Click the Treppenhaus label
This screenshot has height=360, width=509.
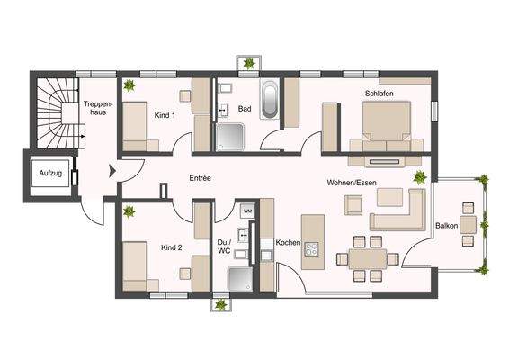tap(96, 110)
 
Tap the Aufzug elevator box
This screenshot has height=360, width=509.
tap(50, 173)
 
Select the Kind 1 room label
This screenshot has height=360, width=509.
tap(165, 116)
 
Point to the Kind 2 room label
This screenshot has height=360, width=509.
tap(172, 247)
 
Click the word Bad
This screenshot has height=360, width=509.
tap(244, 110)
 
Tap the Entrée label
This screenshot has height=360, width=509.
tap(200, 178)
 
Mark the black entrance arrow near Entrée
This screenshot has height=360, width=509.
tap(112, 170)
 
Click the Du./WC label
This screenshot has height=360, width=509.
tap(224, 247)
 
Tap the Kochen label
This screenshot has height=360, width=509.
tap(288, 243)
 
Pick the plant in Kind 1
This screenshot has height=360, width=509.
tap(129, 85)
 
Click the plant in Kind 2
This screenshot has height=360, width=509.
tap(129, 211)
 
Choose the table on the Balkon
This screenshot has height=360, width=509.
tap(467, 224)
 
